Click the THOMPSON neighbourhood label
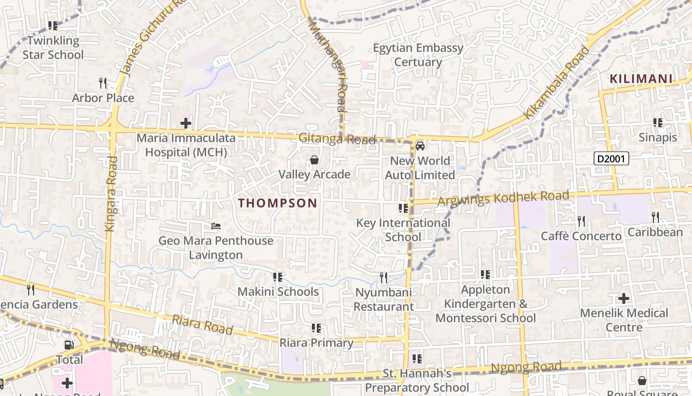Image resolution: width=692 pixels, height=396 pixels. click(277, 203)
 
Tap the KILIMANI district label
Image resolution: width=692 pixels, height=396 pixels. click(641, 79)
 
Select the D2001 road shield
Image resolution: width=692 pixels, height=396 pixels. click(611, 158)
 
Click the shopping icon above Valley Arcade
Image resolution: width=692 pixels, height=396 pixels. click(314, 160)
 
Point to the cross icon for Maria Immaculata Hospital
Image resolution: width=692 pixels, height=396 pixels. click(186, 123)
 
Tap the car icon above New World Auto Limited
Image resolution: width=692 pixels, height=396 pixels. click(420, 146)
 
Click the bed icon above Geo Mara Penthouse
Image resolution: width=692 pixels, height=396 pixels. click(216, 226)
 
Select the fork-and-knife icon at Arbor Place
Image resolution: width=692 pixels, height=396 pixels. click(103, 83)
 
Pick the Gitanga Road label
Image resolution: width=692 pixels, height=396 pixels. click(337, 139)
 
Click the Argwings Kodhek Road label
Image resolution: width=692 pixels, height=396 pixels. click(504, 198)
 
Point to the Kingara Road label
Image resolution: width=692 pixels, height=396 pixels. click(110, 194)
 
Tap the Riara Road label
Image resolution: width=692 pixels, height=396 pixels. click(202, 325)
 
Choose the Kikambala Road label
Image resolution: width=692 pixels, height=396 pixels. click(557, 83)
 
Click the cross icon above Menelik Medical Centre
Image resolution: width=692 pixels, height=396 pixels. click(624, 298)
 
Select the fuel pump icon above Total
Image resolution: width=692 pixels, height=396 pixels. click(69, 345)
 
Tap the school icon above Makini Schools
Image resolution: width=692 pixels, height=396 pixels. click(278, 277)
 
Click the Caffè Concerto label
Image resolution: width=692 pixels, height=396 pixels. click(581, 236)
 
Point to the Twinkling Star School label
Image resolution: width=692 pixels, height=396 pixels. click(53, 48)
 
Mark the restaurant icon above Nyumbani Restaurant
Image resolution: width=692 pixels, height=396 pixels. click(383, 278)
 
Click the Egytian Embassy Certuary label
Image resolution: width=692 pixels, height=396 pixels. click(418, 55)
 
